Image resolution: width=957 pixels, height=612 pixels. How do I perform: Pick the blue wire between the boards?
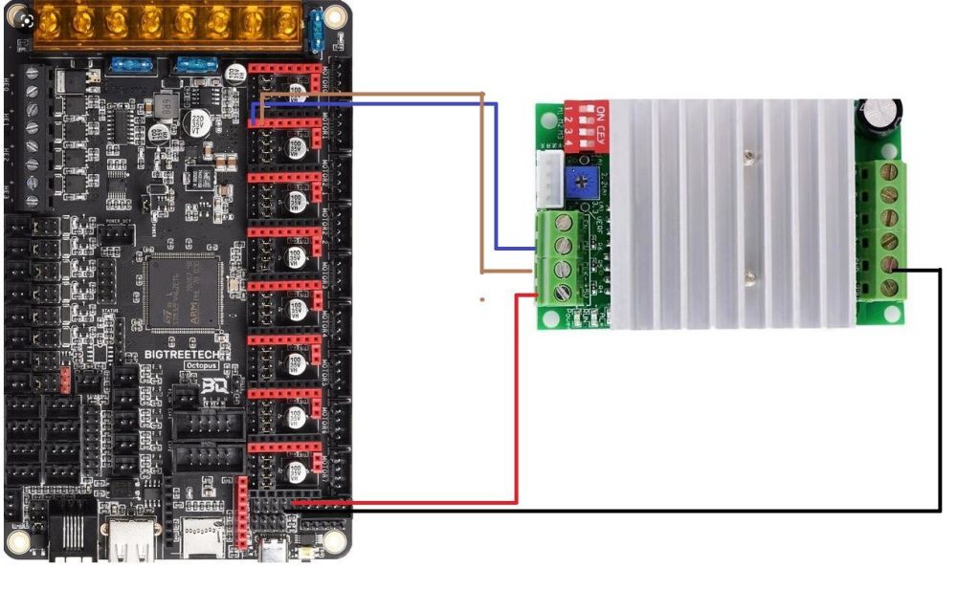(495, 172)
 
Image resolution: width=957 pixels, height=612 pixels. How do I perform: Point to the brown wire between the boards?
(481, 182)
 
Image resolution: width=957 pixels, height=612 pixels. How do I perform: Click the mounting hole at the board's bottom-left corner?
(19, 541)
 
